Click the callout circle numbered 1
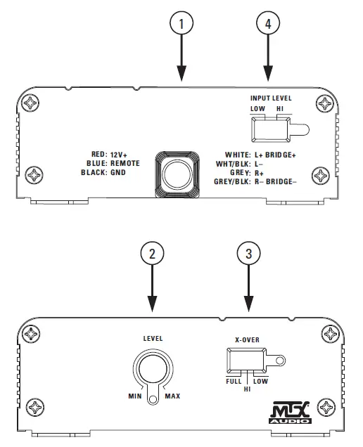click(x=181, y=24)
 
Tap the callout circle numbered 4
click(x=267, y=24)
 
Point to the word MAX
click(x=172, y=396)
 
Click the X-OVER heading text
click(x=246, y=339)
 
